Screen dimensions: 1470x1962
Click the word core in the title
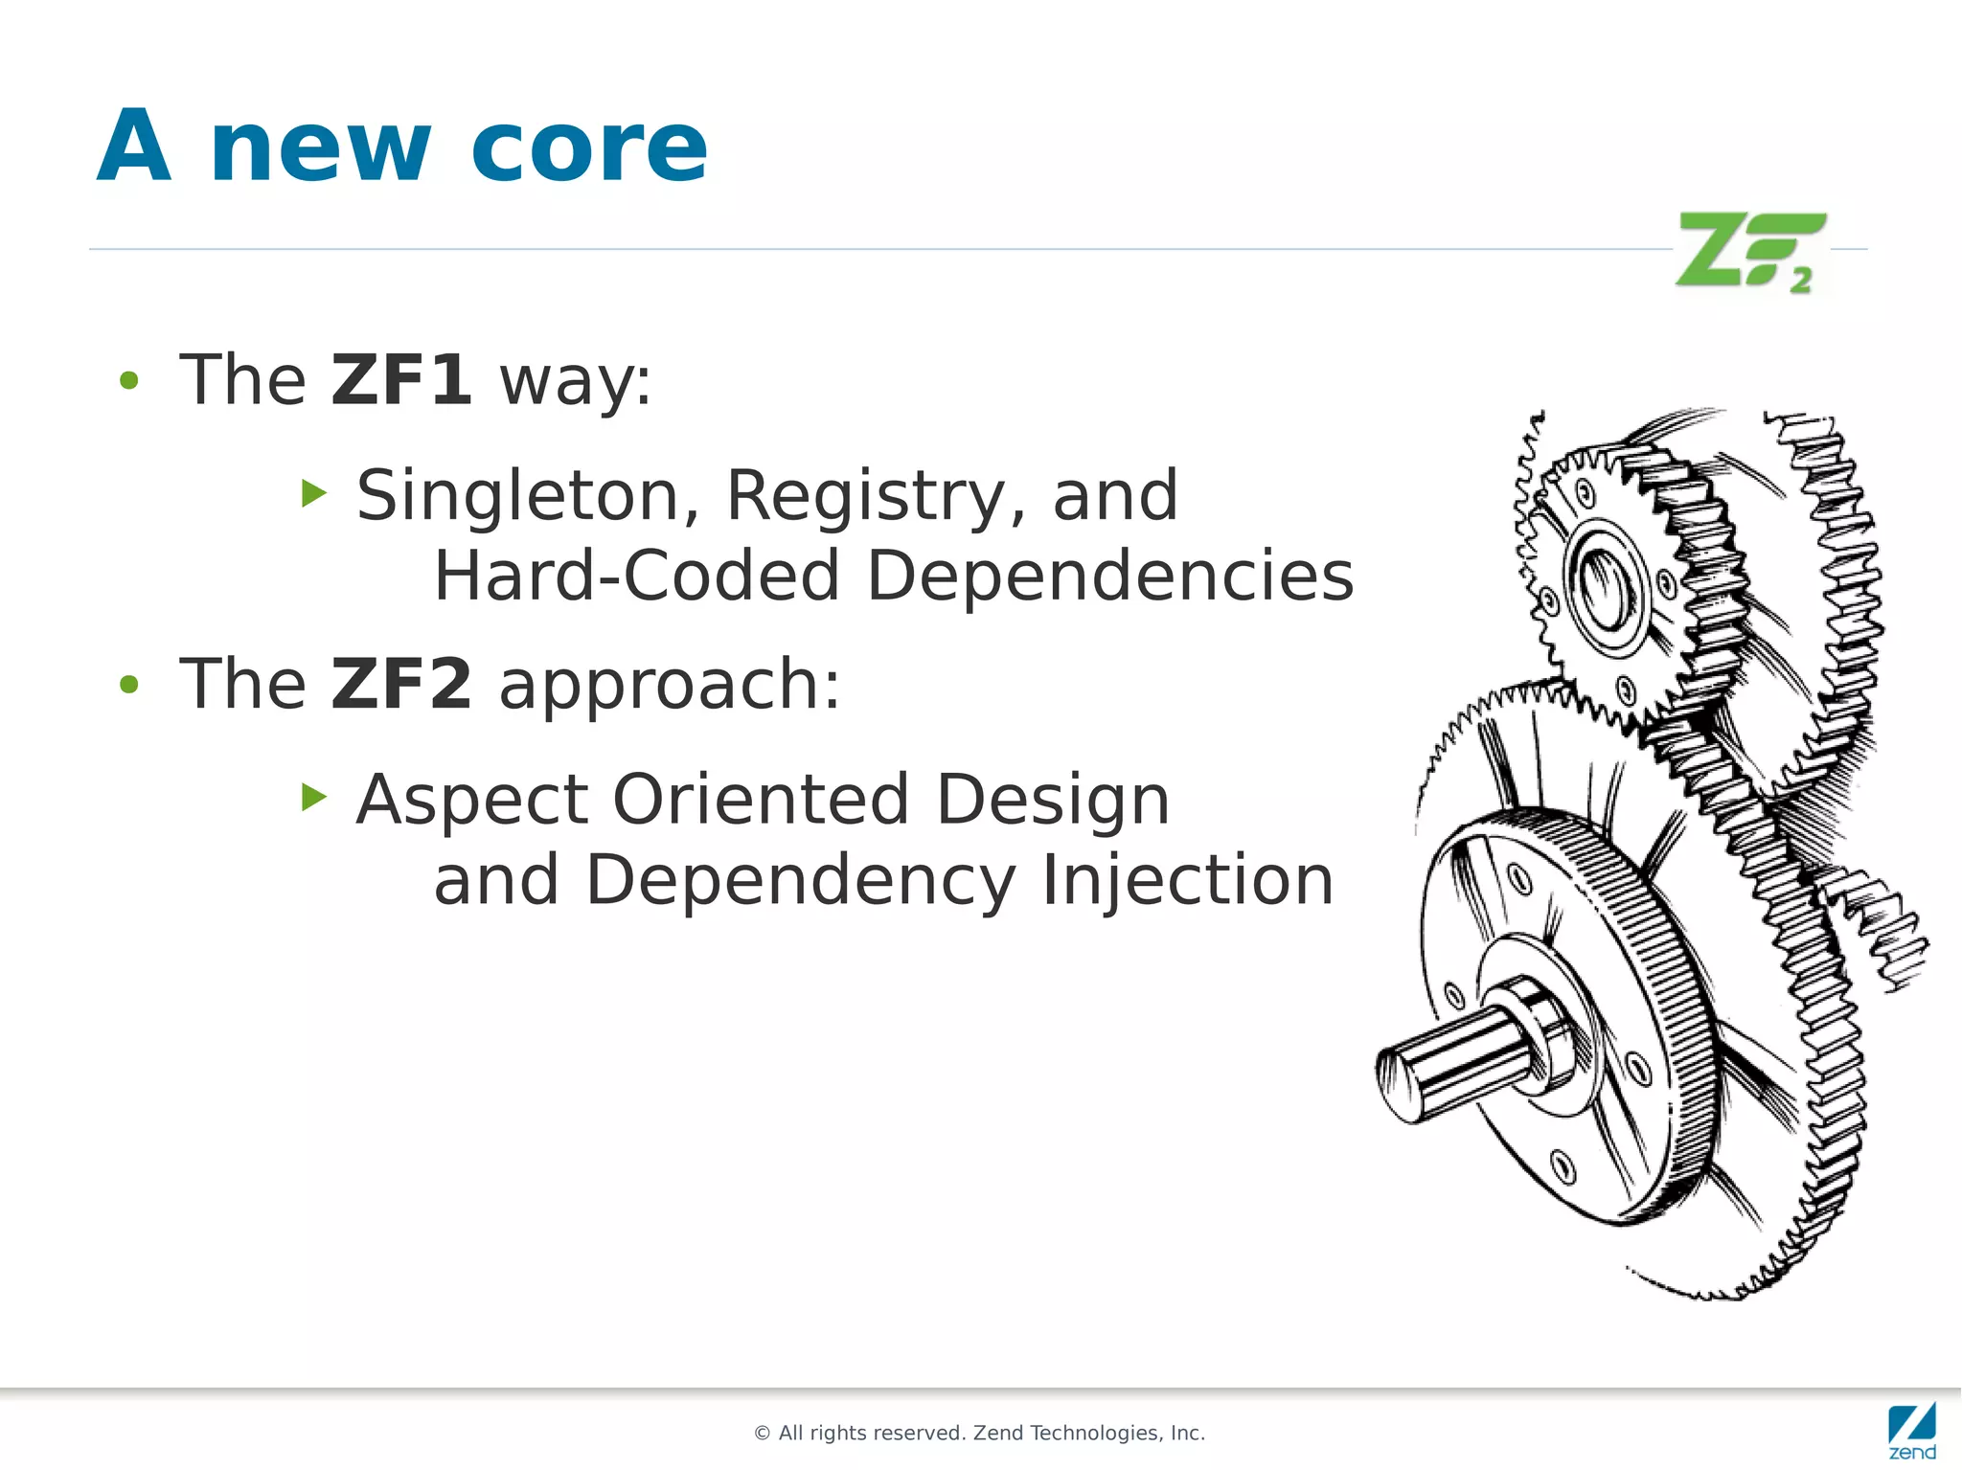pyautogui.click(x=588, y=148)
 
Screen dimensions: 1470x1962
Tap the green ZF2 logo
pyautogui.click(x=1749, y=252)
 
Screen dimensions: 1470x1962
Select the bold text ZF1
pyautogui.click(x=400, y=380)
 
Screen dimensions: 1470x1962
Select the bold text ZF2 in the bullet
pyautogui.click(x=400, y=684)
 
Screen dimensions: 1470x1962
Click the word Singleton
pyautogui.click(x=518, y=496)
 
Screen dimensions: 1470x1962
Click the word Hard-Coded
pyautogui.click(x=637, y=577)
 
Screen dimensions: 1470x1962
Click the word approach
pyautogui.click(x=669, y=686)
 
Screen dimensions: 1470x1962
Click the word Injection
pyautogui.click(x=1187, y=880)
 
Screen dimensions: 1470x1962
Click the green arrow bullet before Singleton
pyautogui.click(x=313, y=494)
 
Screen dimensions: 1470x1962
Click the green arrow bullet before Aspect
pyautogui.click(x=313, y=797)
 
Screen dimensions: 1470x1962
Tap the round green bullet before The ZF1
pyautogui.click(x=128, y=381)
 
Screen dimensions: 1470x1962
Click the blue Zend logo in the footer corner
pyautogui.click(x=1911, y=1431)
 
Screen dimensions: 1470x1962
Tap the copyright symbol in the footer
pyautogui.click(x=763, y=1434)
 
